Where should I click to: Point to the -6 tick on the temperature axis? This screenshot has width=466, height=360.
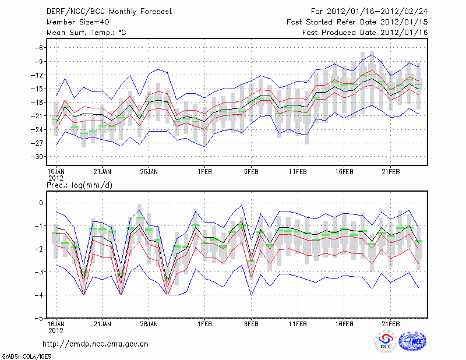click(x=39, y=48)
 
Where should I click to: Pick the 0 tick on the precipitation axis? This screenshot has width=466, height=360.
click(x=41, y=203)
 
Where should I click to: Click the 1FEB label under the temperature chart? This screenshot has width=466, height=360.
click(x=204, y=172)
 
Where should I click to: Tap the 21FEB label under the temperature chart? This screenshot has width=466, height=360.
click(x=391, y=172)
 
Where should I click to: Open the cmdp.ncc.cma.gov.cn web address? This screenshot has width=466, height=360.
click(x=96, y=344)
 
